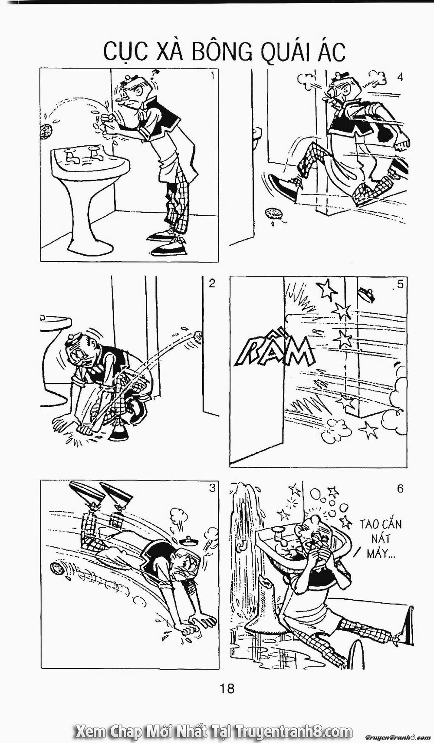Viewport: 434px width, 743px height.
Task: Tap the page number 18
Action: (x=227, y=688)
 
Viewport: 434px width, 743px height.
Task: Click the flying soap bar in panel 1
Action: (x=45, y=131)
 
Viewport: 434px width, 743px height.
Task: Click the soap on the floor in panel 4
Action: (x=273, y=214)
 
